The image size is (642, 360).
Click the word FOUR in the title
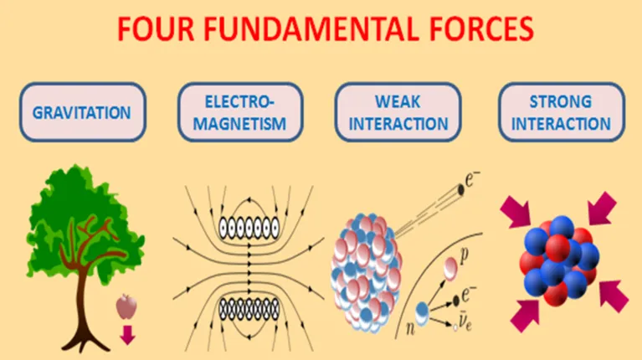[155, 28]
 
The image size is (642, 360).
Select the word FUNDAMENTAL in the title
[311, 28]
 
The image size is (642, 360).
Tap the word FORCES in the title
[481, 28]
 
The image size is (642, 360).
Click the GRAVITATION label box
[82, 112]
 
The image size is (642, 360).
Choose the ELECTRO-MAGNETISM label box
[240, 112]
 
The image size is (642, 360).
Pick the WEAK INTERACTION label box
[398, 112]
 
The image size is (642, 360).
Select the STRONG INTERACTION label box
[562, 112]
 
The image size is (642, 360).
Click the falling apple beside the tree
[126, 306]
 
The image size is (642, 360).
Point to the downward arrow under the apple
[127, 335]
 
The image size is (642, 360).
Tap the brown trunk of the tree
[83, 303]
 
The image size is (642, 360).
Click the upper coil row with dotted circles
[249, 228]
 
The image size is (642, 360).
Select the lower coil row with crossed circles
[249, 309]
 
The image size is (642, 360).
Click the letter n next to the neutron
[410, 328]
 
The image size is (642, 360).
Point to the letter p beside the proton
[464, 256]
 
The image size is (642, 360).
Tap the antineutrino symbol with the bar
[465, 322]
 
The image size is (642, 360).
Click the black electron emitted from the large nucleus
[460, 190]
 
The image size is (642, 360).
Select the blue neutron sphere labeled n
[422, 313]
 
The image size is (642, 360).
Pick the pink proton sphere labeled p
[450, 269]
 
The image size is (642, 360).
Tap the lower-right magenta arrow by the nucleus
[614, 296]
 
